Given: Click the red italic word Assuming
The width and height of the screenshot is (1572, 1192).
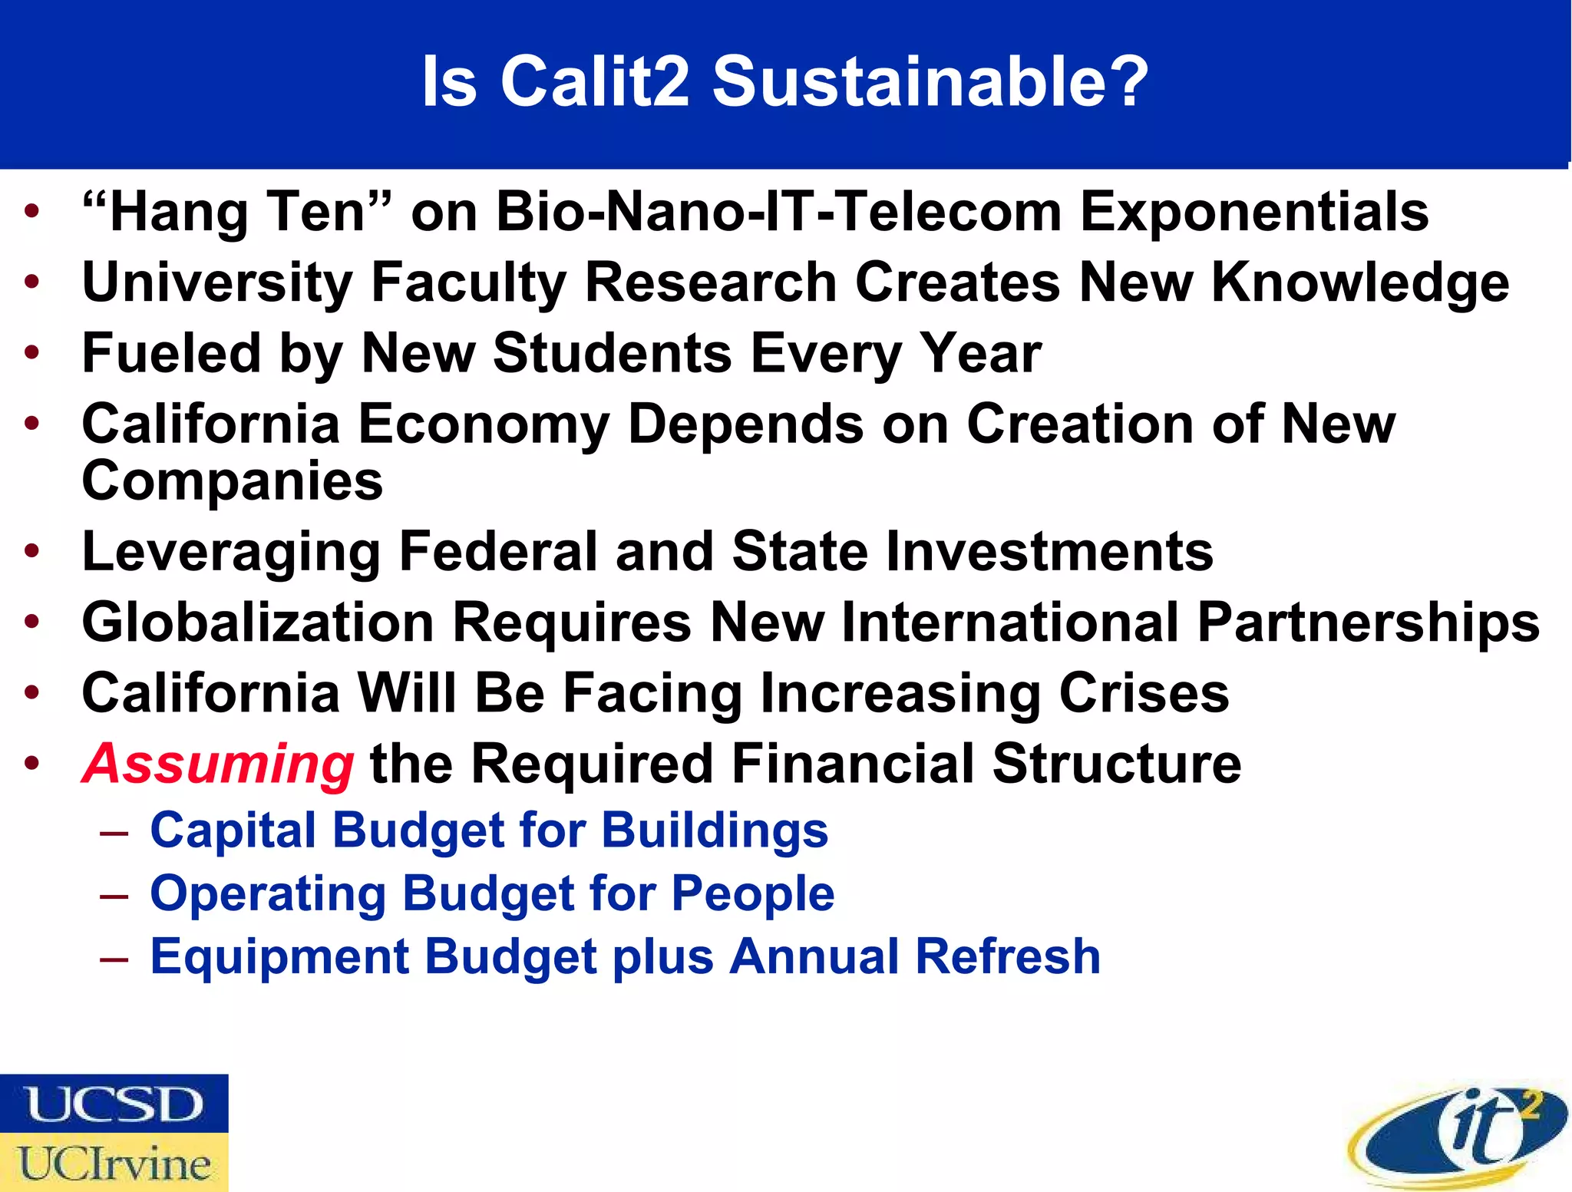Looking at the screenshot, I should (218, 764).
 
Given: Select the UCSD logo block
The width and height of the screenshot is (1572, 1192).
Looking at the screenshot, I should (114, 1104).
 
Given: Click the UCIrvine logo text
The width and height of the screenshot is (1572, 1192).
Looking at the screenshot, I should (114, 1163).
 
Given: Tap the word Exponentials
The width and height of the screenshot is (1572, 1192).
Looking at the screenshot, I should (1254, 212).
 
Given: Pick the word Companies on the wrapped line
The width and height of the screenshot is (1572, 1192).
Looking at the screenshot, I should (232, 482).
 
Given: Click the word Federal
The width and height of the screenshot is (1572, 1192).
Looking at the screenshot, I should (498, 551).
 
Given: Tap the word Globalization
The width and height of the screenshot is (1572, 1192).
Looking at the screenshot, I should (258, 622).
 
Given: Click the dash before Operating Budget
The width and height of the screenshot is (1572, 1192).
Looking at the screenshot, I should (114, 896).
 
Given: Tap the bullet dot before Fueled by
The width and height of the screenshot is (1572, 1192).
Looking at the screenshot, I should (31, 353).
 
